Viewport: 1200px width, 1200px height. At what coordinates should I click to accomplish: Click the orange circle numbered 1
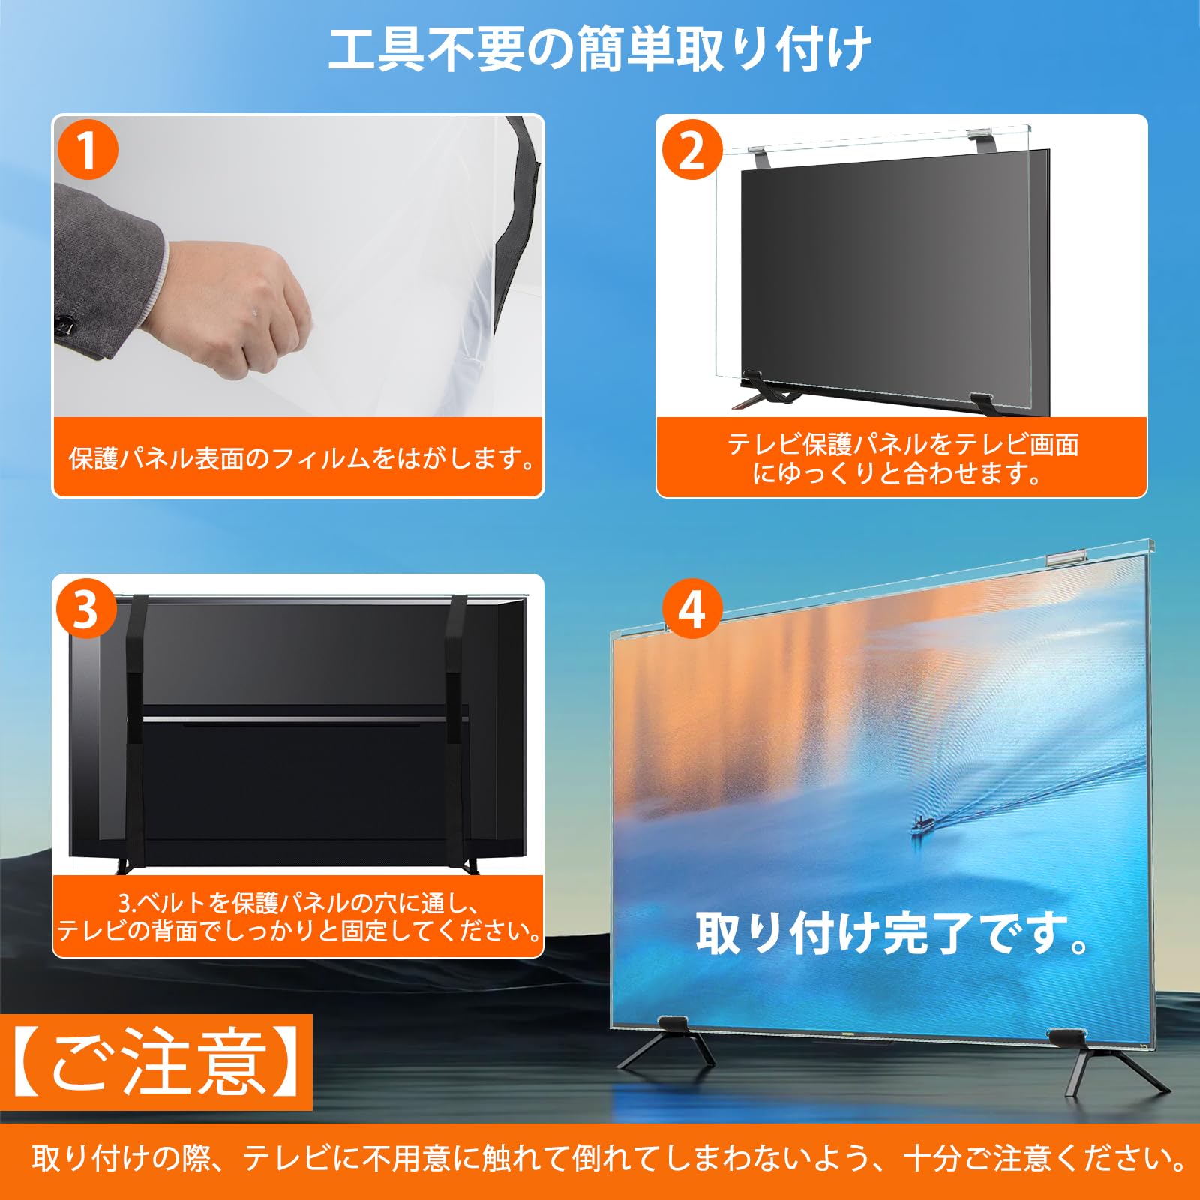pyautogui.click(x=88, y=150)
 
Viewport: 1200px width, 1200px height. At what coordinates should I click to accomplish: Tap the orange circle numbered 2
pyautogui.click(x=691, y=150)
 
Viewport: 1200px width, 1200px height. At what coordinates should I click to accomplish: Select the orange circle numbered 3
pyautogui.click(x=86, y=609)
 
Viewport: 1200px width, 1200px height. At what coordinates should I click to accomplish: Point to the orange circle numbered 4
pyautogui.click(x=691, y=609)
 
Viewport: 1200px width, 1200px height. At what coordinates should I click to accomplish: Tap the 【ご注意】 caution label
pyautogui.click(x=156, y=1062)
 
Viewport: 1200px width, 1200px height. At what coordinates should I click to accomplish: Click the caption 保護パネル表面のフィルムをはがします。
pyautogui.click(x=301, y=458)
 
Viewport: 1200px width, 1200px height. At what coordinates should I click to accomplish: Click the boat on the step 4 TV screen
pyautogui.click(x=924, y=825)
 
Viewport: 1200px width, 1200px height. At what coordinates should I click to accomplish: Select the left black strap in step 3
pyautogui.click(x=136, y=735)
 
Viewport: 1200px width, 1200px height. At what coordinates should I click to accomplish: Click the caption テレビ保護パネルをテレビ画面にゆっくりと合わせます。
pyautogui.click(x=901, y=459)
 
